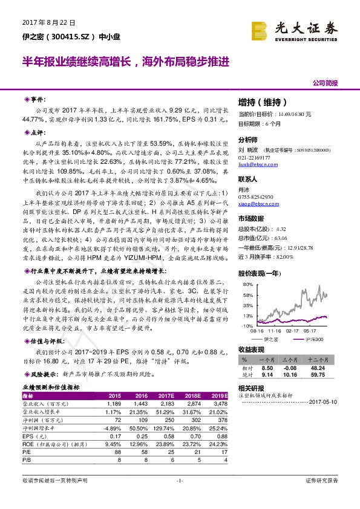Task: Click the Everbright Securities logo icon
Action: tap(261, 28)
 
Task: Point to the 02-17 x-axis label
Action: tap(293, 331)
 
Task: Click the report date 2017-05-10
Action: tap(326, 401)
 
